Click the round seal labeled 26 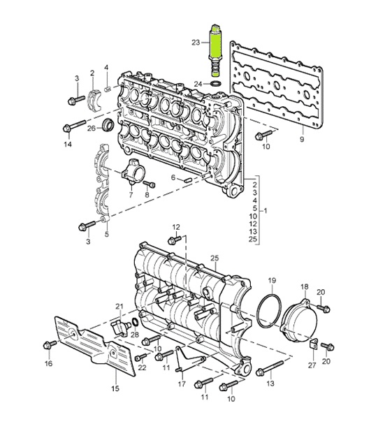click(x=109, y=126)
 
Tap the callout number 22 click(x=141, y=368)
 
